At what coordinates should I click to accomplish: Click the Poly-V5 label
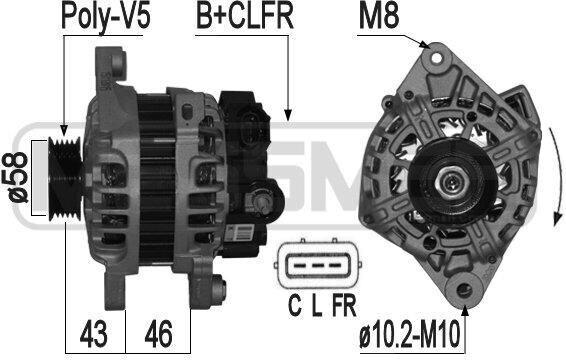106,16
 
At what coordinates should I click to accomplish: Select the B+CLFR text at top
244,16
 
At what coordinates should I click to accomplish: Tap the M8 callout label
379,16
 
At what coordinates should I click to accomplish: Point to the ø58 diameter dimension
17,177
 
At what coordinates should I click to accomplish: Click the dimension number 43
93,334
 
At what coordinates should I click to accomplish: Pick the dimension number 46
158,334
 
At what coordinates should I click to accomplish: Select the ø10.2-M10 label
410,335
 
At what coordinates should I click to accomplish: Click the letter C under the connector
295,305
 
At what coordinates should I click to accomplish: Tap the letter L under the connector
317,305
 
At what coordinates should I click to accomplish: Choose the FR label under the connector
344,305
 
